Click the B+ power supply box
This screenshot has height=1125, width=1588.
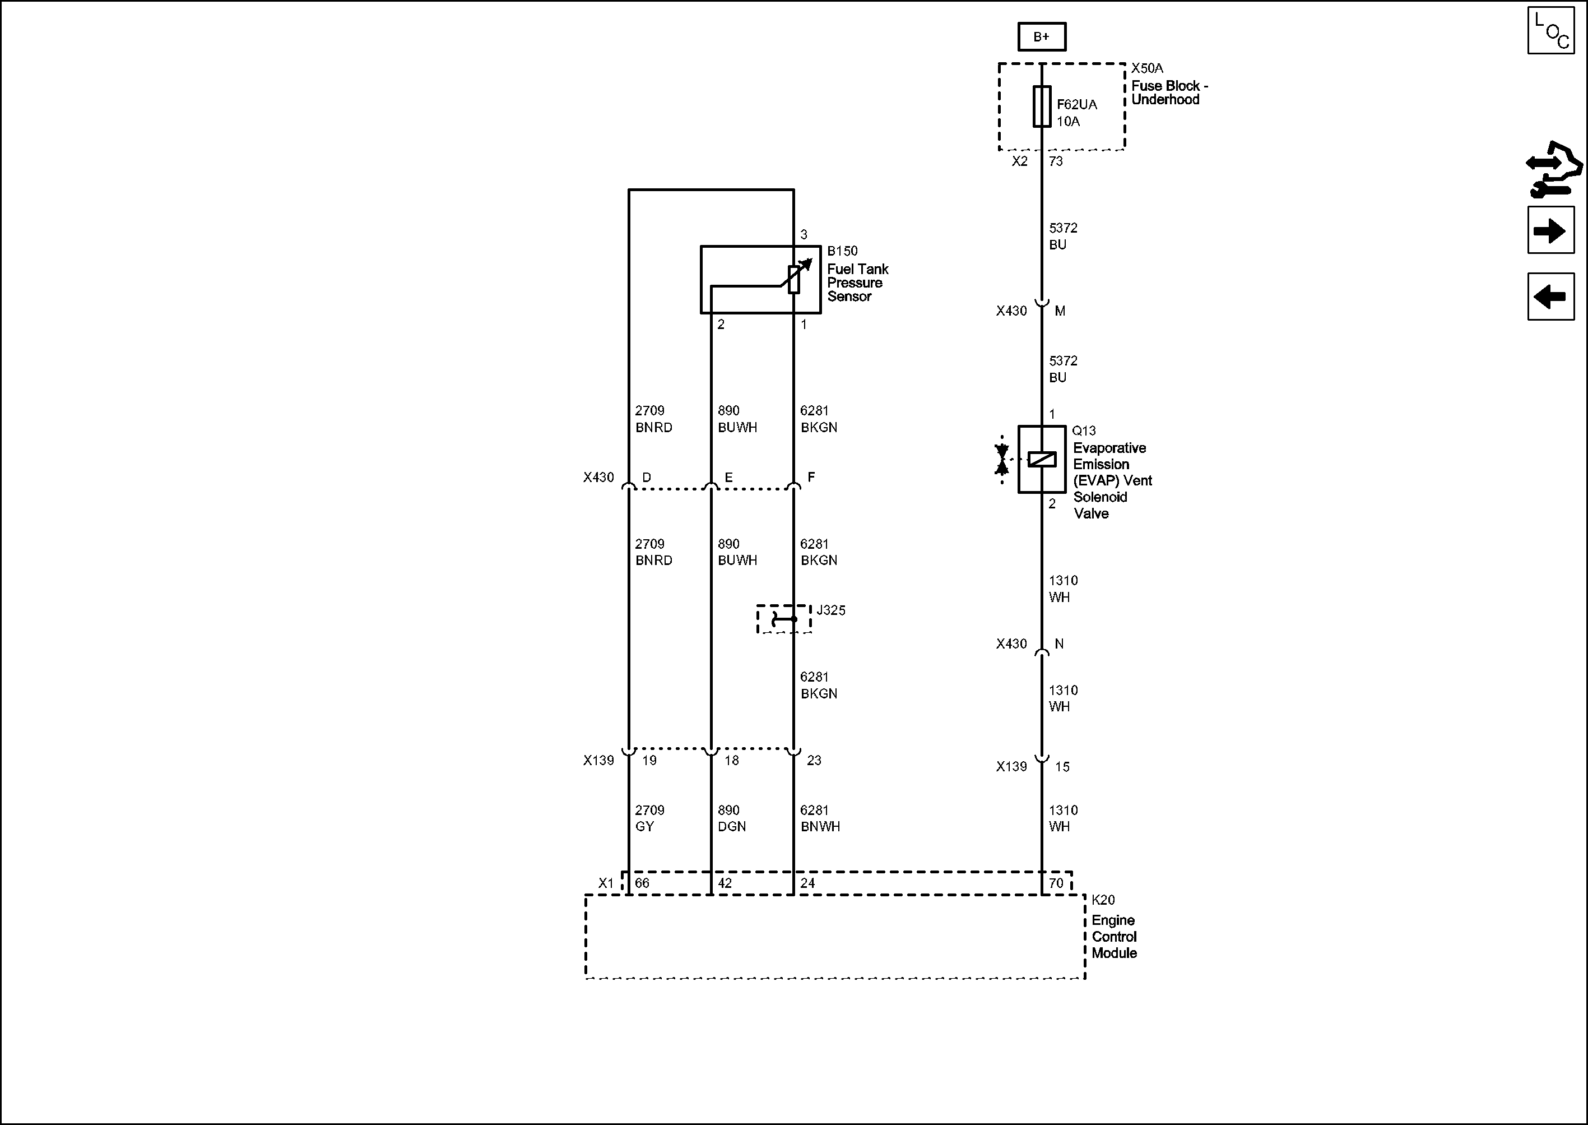pos(1041,36)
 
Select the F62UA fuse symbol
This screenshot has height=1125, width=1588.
pos(1042,106)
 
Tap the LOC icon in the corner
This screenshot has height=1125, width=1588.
pos(1550,30)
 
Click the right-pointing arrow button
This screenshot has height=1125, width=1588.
pos(1550,230)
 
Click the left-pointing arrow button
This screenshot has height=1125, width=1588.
pos(1550,297)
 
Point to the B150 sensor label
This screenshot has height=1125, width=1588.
pos(842,251)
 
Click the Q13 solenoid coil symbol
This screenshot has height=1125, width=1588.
pos(1042,459)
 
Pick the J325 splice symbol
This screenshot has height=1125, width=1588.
pos(783,619)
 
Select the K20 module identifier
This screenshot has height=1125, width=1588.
pos(1103,900)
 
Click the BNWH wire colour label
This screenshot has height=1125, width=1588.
pos(820,826)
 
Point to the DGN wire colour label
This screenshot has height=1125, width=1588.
pos(731,826)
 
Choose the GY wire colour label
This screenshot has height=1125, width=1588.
pos(644,826)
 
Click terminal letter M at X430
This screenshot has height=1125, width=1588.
pos(1060,311)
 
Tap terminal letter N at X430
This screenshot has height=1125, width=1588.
pos(1059,643)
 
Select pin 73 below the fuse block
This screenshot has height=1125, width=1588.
pos(1056,161)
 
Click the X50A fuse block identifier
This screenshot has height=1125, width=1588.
pos(1147,68)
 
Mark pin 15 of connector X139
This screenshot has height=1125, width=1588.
pos(1062,767)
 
